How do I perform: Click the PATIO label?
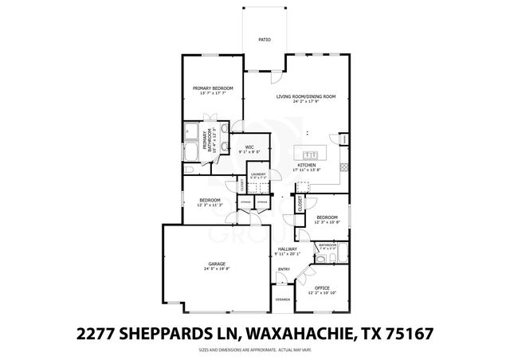[x=264, y=39]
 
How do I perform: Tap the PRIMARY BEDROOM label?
[x=213, y=88]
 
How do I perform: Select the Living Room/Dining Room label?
[x=306, y=96]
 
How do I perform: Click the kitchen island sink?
[x=309, y=151]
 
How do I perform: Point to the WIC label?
[x=249, y=147]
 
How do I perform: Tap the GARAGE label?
[x=217, y=264]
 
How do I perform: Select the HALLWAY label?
[x=288, y=249]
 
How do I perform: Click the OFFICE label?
[x=322, y=288]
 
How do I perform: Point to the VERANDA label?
[x=283, y=299]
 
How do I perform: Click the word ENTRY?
[x=284, y=269]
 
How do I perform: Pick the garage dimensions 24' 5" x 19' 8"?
[x=217, y=269]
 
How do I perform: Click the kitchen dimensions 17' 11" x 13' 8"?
[x=306, y=170]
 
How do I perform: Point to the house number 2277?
[x=96, y=331]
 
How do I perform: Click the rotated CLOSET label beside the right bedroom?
[x=300, y=204]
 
